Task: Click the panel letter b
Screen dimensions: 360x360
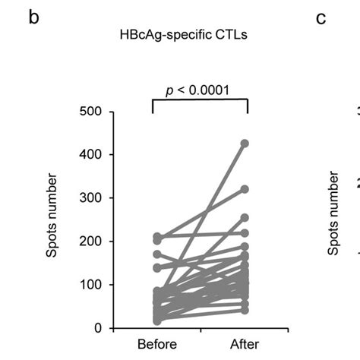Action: (x=33, y=18)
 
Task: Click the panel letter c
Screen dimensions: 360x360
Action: (x=321, y=18)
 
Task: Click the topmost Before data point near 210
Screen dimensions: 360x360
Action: (x=158, y=237)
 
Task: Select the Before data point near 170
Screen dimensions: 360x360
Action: (x=158, y=254)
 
